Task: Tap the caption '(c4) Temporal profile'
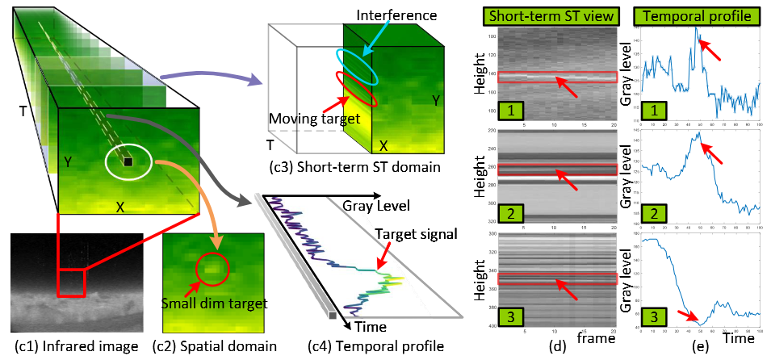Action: pyautogui.click(x=376, y=347)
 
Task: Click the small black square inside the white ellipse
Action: pyautogui.click(x=128, y=163)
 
